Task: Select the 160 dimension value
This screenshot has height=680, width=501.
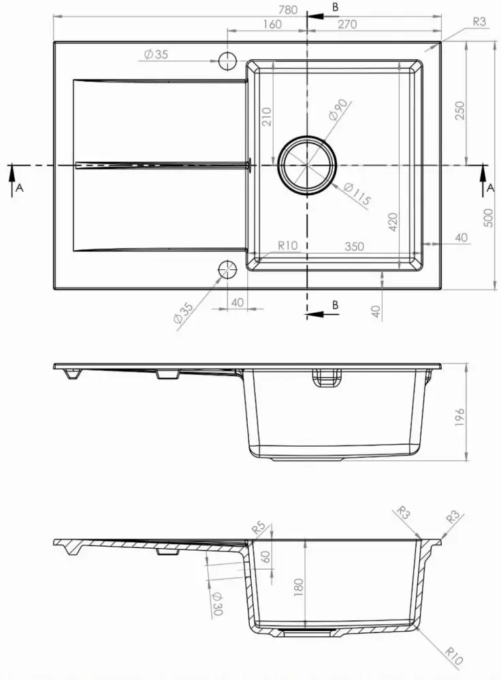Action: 270,24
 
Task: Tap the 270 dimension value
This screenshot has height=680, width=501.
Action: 346,24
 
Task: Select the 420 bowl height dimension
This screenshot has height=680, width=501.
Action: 392,221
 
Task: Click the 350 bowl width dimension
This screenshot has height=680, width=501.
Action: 354,247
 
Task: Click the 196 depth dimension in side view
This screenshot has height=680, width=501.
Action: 459,416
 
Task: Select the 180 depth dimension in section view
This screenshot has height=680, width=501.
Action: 297,585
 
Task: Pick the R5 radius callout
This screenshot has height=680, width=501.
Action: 258,527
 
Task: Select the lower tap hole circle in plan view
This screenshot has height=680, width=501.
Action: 227,271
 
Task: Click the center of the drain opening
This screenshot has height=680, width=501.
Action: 307,165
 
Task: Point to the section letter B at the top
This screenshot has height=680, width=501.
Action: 334,7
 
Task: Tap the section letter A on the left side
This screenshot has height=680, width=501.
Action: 19,188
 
